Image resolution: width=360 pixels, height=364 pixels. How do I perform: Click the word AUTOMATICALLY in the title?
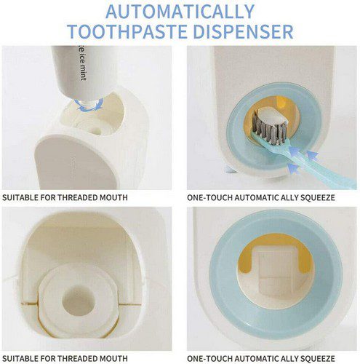(x=180, y=12)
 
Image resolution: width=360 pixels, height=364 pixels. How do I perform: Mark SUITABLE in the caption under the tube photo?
(x=20, y=197)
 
